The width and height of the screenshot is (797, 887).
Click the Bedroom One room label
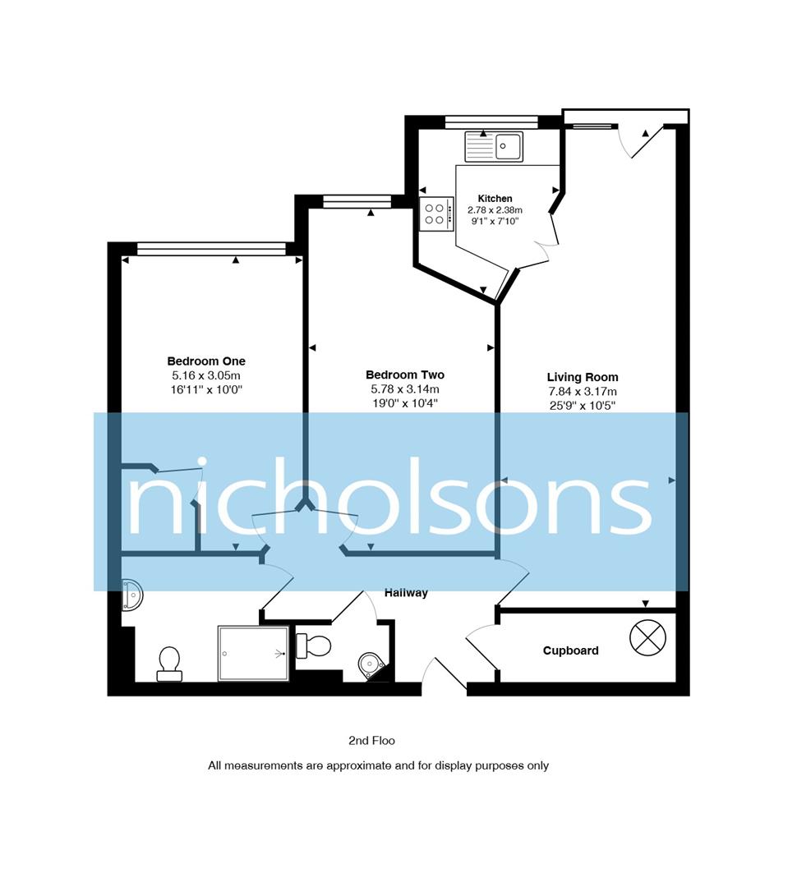coord(206,361)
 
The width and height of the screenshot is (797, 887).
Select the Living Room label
coord(583,378)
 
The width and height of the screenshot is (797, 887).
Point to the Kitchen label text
coord(495,199)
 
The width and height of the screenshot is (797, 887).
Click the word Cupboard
coord(570,650)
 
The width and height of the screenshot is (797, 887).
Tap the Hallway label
coord(407,592)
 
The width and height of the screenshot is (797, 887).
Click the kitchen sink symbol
coord(494,146)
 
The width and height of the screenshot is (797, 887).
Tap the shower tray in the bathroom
coord(253,653)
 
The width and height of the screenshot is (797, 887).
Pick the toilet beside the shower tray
coord(169,663)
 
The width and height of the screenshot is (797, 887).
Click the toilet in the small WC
coord(313,646)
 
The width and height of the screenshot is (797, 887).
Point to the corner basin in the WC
coord(371,664)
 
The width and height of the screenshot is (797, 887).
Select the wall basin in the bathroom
coord(132,595)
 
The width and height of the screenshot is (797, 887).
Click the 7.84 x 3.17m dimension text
coord(583,392)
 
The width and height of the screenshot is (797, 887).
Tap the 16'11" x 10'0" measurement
coord(206,389)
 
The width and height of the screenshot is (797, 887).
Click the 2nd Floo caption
coord(372,741)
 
